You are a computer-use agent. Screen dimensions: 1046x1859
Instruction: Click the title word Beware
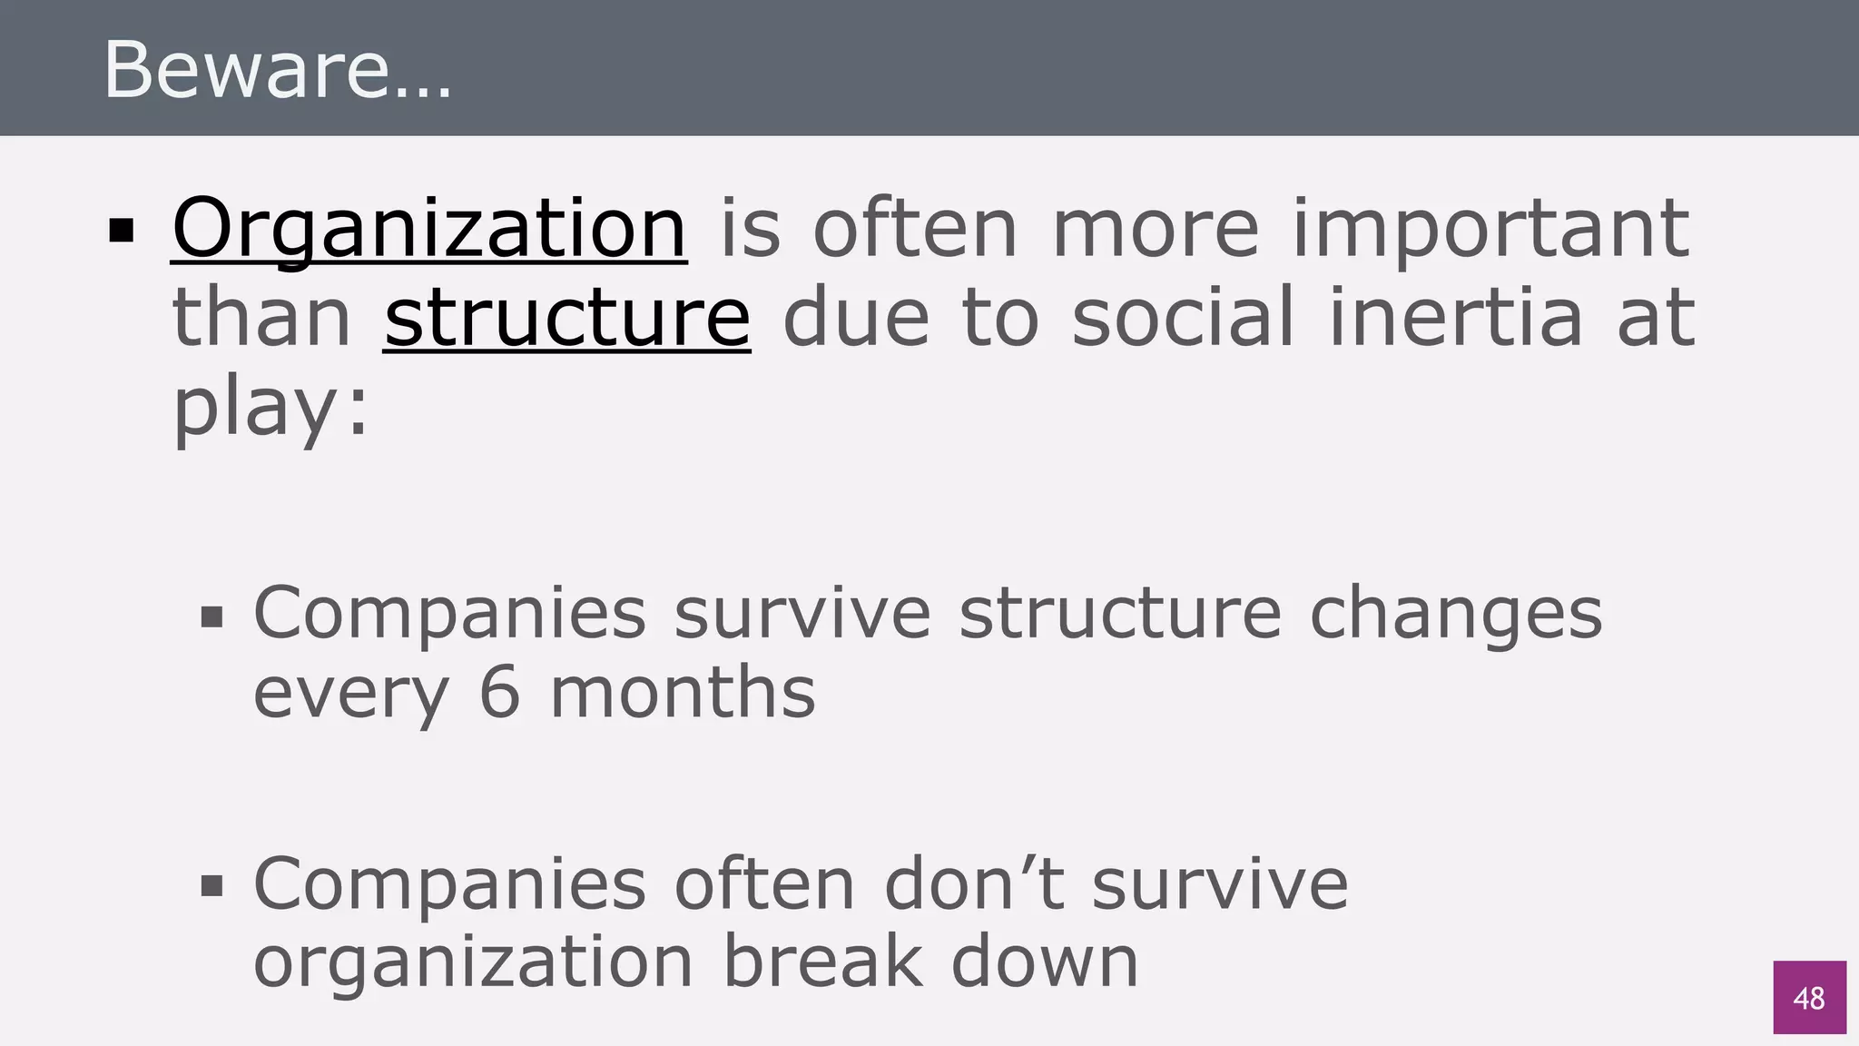tap(277, 71)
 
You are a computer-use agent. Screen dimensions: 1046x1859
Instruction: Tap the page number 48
tap(1809, 998)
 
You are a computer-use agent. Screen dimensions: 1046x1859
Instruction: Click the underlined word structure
tap(567, 318)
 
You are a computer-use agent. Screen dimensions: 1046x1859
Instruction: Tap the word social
tap(1183, 318)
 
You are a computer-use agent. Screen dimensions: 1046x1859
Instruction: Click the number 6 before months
tap(499, 692)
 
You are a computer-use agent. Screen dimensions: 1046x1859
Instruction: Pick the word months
tap(683, 692)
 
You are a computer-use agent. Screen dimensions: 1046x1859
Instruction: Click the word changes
tap(1456, 614)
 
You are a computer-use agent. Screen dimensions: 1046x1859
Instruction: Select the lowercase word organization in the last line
tap(473, 962)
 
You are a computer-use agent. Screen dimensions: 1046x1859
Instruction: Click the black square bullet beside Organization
tap(122, 232)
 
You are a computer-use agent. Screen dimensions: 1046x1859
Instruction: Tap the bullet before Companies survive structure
tap(211, 618)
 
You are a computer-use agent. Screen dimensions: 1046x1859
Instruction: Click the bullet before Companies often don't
tap(211, 886)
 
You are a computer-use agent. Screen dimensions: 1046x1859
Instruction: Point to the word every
tap(350, 692)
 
